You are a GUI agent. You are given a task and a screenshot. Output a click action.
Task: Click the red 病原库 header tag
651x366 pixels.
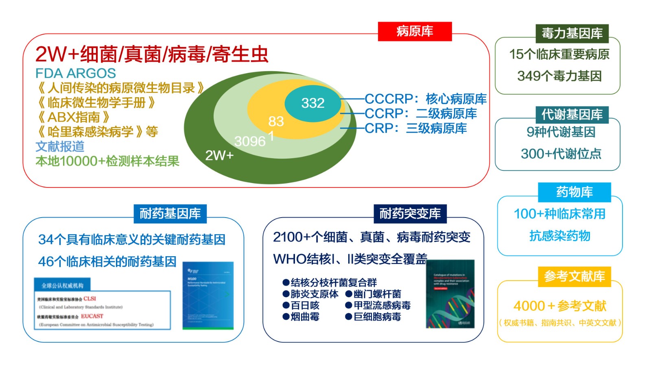point(415,31)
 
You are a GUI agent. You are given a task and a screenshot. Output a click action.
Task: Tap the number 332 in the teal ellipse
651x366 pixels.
point(312,103)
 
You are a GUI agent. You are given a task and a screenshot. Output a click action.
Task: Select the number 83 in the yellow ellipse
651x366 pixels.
point(276,121)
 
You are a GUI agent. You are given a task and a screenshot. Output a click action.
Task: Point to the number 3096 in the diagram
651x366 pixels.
point(250,141)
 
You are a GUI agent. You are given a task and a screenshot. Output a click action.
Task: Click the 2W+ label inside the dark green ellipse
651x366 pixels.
point(219,155)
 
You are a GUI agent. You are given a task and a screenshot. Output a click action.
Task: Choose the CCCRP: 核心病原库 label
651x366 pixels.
point(425,99)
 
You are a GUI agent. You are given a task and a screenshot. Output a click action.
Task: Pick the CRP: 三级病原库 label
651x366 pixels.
point(415,129)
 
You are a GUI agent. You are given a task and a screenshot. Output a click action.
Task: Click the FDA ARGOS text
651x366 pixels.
point(76,73)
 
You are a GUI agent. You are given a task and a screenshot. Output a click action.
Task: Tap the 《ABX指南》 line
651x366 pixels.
point(73,117)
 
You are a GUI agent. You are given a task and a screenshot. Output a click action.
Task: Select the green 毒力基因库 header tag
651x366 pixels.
point(572,33)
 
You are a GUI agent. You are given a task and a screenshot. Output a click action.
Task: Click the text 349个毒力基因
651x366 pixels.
point(559,76)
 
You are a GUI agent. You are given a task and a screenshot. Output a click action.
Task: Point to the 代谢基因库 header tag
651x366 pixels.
point(572,115)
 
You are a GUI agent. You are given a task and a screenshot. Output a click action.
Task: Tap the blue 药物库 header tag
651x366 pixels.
point(574,192)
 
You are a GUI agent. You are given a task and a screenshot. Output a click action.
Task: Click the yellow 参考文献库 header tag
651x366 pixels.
point(574,277)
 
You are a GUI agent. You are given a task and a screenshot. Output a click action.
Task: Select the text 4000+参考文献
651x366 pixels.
point(559,306)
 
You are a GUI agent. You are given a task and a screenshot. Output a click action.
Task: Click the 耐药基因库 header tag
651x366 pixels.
point(170,213)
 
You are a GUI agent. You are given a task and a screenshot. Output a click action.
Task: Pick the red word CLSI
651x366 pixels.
point(90,298)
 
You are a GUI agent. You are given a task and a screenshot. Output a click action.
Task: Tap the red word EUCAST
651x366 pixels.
point(92,316)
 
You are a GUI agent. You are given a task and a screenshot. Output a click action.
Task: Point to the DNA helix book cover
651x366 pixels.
point(450,294)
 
